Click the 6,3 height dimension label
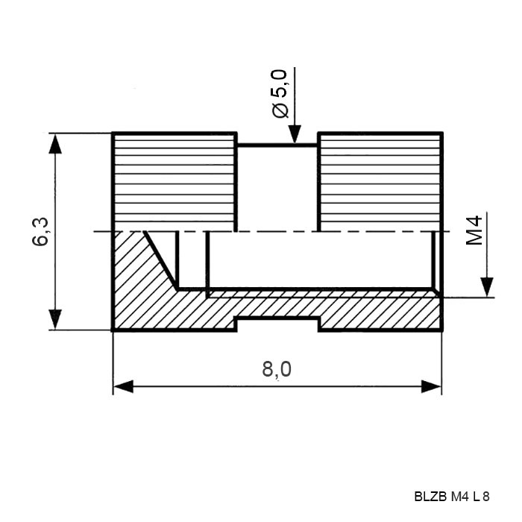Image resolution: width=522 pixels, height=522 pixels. (40, 231)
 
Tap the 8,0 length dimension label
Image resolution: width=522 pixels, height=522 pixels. (277, 370)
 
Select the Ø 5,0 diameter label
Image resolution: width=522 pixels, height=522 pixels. (280, 93)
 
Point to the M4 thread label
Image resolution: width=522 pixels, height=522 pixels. (474, 230)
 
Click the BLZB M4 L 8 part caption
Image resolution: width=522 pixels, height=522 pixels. (452, 497)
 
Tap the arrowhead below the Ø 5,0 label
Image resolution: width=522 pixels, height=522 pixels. (295, 133)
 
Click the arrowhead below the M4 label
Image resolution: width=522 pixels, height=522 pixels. (487, 286)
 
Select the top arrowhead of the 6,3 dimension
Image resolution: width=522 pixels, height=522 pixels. (55, 143)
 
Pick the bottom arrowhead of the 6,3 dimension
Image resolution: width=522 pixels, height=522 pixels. (55, 319)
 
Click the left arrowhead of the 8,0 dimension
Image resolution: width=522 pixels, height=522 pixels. (123, 386)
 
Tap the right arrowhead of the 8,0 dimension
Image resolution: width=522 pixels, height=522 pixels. (432, 386)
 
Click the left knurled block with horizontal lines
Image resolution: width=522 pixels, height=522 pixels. (174, 181)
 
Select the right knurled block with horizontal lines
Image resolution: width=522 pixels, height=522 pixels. (380, 181)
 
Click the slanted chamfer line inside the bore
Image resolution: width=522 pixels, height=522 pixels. (160, 260)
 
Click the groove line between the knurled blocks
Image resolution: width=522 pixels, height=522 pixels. (277, 145)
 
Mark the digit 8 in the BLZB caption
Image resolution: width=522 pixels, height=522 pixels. (486, 497)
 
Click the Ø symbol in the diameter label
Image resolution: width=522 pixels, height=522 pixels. (280, 110)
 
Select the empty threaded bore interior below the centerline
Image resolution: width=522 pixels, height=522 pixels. (320, 260)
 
